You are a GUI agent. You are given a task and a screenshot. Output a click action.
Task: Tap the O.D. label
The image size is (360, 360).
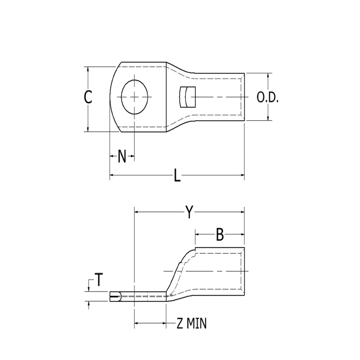pyautogui.click(x=268, y=98)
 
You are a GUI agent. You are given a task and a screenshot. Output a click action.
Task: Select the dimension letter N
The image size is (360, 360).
pyautogui.click(x=122, y=156)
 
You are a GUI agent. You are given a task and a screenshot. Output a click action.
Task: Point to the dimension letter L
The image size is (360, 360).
pyautogui.click(x=178, y=175)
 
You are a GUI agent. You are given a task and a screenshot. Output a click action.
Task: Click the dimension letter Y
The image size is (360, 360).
pyautogui.click(x=189, y=212)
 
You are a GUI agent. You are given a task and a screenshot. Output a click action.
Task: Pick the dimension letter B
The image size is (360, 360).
pyautogui.click(x=220, y=234)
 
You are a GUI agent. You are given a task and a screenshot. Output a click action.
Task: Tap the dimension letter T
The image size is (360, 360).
pyautogui.click(x=99, y=280)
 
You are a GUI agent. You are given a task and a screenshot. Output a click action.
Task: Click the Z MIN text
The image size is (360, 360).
pyautogui.click(x=191, y=323)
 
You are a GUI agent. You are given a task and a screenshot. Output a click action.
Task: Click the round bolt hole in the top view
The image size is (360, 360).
pyautogui.click(x=135, y=97)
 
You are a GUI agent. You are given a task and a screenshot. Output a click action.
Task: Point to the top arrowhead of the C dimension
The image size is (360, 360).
pyautogui.click(x=88, y=69)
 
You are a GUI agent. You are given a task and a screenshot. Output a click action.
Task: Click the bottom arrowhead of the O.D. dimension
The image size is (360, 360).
pyautogui.click(x=268, y=118)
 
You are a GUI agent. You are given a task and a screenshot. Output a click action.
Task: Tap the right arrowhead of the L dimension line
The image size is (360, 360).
pyautogui.click(x=242, y=174)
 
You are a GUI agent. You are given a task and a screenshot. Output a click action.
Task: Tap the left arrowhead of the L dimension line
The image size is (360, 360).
pyautogui.click(x=112, y=174)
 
